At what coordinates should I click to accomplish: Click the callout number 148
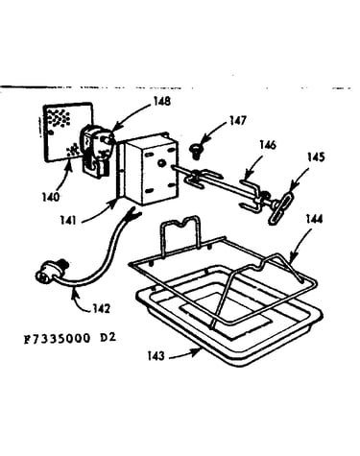162,102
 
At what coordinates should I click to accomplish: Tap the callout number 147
238,120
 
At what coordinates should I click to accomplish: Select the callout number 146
268,145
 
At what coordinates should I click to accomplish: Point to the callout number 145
316,157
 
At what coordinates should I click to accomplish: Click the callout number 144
315,219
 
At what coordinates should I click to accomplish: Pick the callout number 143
156,355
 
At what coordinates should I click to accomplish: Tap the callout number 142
102,308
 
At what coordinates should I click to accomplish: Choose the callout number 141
68,220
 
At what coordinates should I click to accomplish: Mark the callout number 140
51,197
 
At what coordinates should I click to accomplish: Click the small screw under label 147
194,150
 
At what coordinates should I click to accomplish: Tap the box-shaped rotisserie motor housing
150,169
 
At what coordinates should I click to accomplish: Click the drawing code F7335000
58,339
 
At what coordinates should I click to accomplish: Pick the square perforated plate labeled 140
67,132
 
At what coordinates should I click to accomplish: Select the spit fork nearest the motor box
203,179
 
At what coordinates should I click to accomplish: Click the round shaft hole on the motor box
160,163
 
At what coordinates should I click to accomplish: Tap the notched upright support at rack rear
180,235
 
